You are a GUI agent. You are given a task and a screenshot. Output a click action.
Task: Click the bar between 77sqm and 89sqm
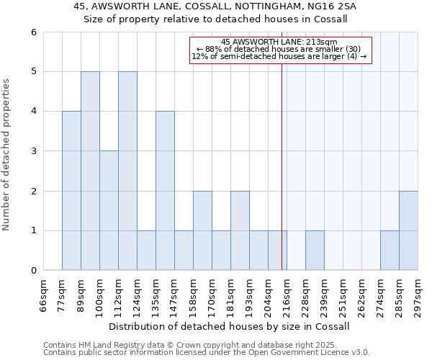pyautogui.click(x=71, y=191)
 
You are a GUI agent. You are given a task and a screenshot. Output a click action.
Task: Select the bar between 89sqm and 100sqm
pyautogui.click(x=90, y=171)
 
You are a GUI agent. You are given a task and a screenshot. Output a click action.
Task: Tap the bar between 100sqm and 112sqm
pyautogui.click(x=109, y=210)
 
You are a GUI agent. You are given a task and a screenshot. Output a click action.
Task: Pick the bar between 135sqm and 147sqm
pyautogui.click(x=165, y=191)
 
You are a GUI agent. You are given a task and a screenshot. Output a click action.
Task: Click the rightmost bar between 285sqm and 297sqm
pyautogui.click(x=408, y=230)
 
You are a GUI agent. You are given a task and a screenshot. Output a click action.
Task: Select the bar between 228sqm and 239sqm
pyautogui.click(x=315, y=251)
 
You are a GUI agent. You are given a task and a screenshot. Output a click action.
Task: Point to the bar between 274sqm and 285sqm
pyautogui.click(x=390, y=251)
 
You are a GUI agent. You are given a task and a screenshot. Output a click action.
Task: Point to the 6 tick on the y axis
pyautogui.click(x=33, y=32)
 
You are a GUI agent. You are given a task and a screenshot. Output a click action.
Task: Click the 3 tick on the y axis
pyautogui.click(x=33, y=151)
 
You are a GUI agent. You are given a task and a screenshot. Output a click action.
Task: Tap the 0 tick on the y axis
pyautogui.click(x=33, y=271)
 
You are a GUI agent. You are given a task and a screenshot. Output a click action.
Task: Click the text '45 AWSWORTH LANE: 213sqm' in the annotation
pyautogui.click(x=279, y=42)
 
